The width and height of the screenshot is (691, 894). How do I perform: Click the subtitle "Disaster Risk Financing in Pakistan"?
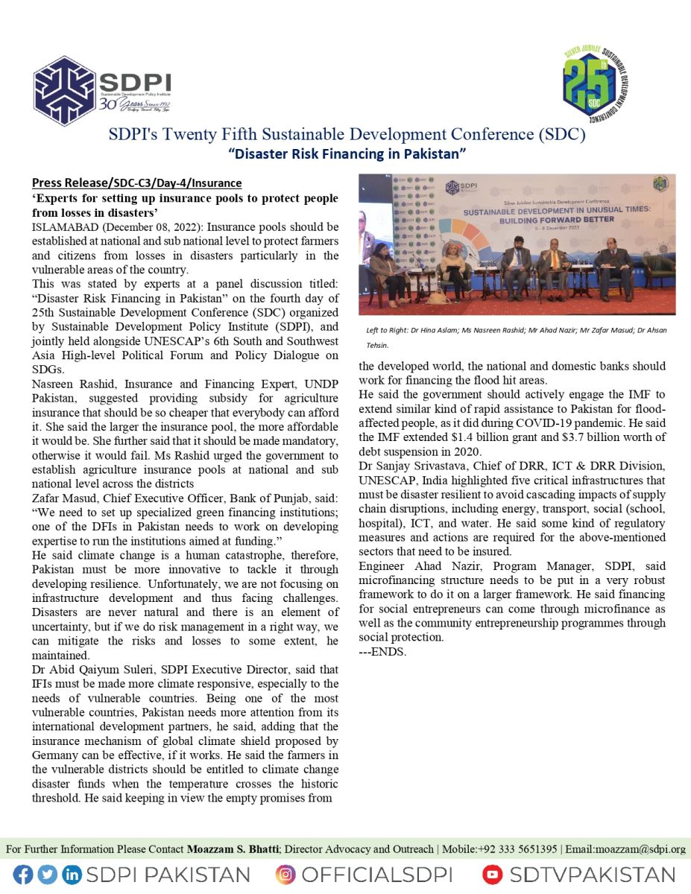tap(347, 153)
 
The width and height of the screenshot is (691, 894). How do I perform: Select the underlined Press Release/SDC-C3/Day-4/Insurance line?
tap(136, 183)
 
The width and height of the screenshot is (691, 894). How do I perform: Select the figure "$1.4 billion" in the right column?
tap(482, 437)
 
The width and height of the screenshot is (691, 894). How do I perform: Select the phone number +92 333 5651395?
tap(517, 849)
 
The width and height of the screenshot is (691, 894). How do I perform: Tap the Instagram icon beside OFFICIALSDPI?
tap(285, 875)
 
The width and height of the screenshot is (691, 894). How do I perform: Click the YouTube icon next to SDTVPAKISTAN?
tap(492, 875)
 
